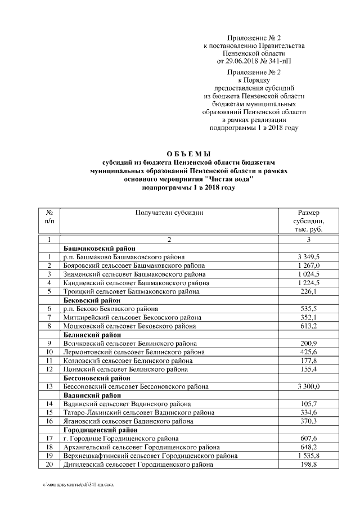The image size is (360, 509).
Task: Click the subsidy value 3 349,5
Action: point(308,256)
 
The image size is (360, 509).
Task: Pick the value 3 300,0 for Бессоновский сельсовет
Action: point(308,386)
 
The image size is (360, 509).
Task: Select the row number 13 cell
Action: point(49,386)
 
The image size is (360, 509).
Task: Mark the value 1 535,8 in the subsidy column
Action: point(308,456)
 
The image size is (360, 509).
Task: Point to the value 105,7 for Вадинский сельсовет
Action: point(308,404)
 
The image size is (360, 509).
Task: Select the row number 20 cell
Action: point(49,465)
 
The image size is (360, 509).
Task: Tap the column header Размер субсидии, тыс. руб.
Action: point(308,221)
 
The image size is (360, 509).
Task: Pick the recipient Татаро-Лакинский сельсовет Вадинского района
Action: point(135,412)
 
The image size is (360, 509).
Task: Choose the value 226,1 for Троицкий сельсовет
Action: point(308,291)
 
